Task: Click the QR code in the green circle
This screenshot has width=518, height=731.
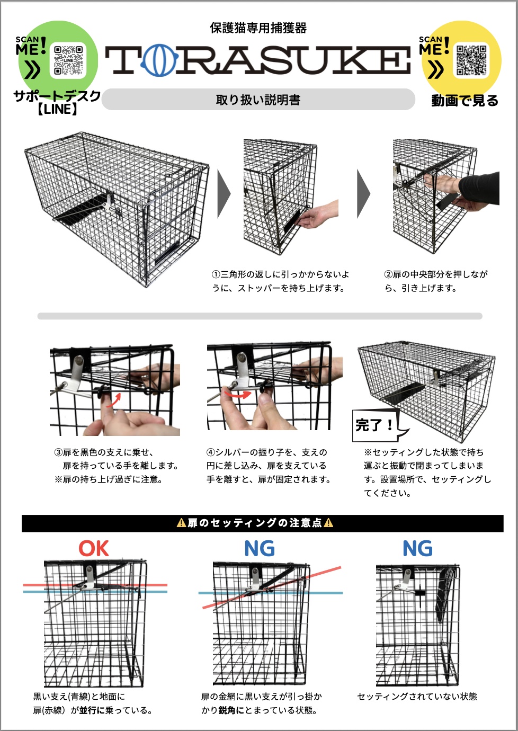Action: pyautogui.click(x=68, y=60)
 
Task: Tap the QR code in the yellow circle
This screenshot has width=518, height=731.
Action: pyautogui.click(x=471, y=60)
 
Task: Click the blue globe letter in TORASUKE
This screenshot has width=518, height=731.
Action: pyautogui.click(x=159, y=59)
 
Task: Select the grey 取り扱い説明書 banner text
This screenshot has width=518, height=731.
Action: pyautogui.click(x=258, y=100)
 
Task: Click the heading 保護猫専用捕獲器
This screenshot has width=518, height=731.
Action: pyautogui.click(x=258, y=28)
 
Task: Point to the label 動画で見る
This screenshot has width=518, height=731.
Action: pyautogui.click(x=465, y=101)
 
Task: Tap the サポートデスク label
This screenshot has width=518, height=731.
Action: pyautogui.click(x=57, y=96)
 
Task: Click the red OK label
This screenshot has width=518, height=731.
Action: pyautogui.click(x=94, y=549)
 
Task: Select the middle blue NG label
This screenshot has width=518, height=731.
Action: pyautogui.click(x=260, y=549)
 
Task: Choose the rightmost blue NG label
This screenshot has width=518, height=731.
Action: pyautogui.click(x=417, y=549)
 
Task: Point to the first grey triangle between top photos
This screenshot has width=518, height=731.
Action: pyautogui.click(x=224, y=194)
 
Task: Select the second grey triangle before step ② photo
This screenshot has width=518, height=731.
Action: pyautogui.click(x=364, y=194)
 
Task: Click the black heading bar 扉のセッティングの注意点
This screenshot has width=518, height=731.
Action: pyautogui.click(x=262, y=523)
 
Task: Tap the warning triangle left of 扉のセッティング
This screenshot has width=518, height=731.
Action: pyautogui.click(x=181, y=523)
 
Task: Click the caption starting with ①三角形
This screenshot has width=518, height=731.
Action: pyautogui.click(x=280, y=281)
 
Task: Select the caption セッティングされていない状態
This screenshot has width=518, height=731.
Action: pyautogui.click(x=417, y=697)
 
